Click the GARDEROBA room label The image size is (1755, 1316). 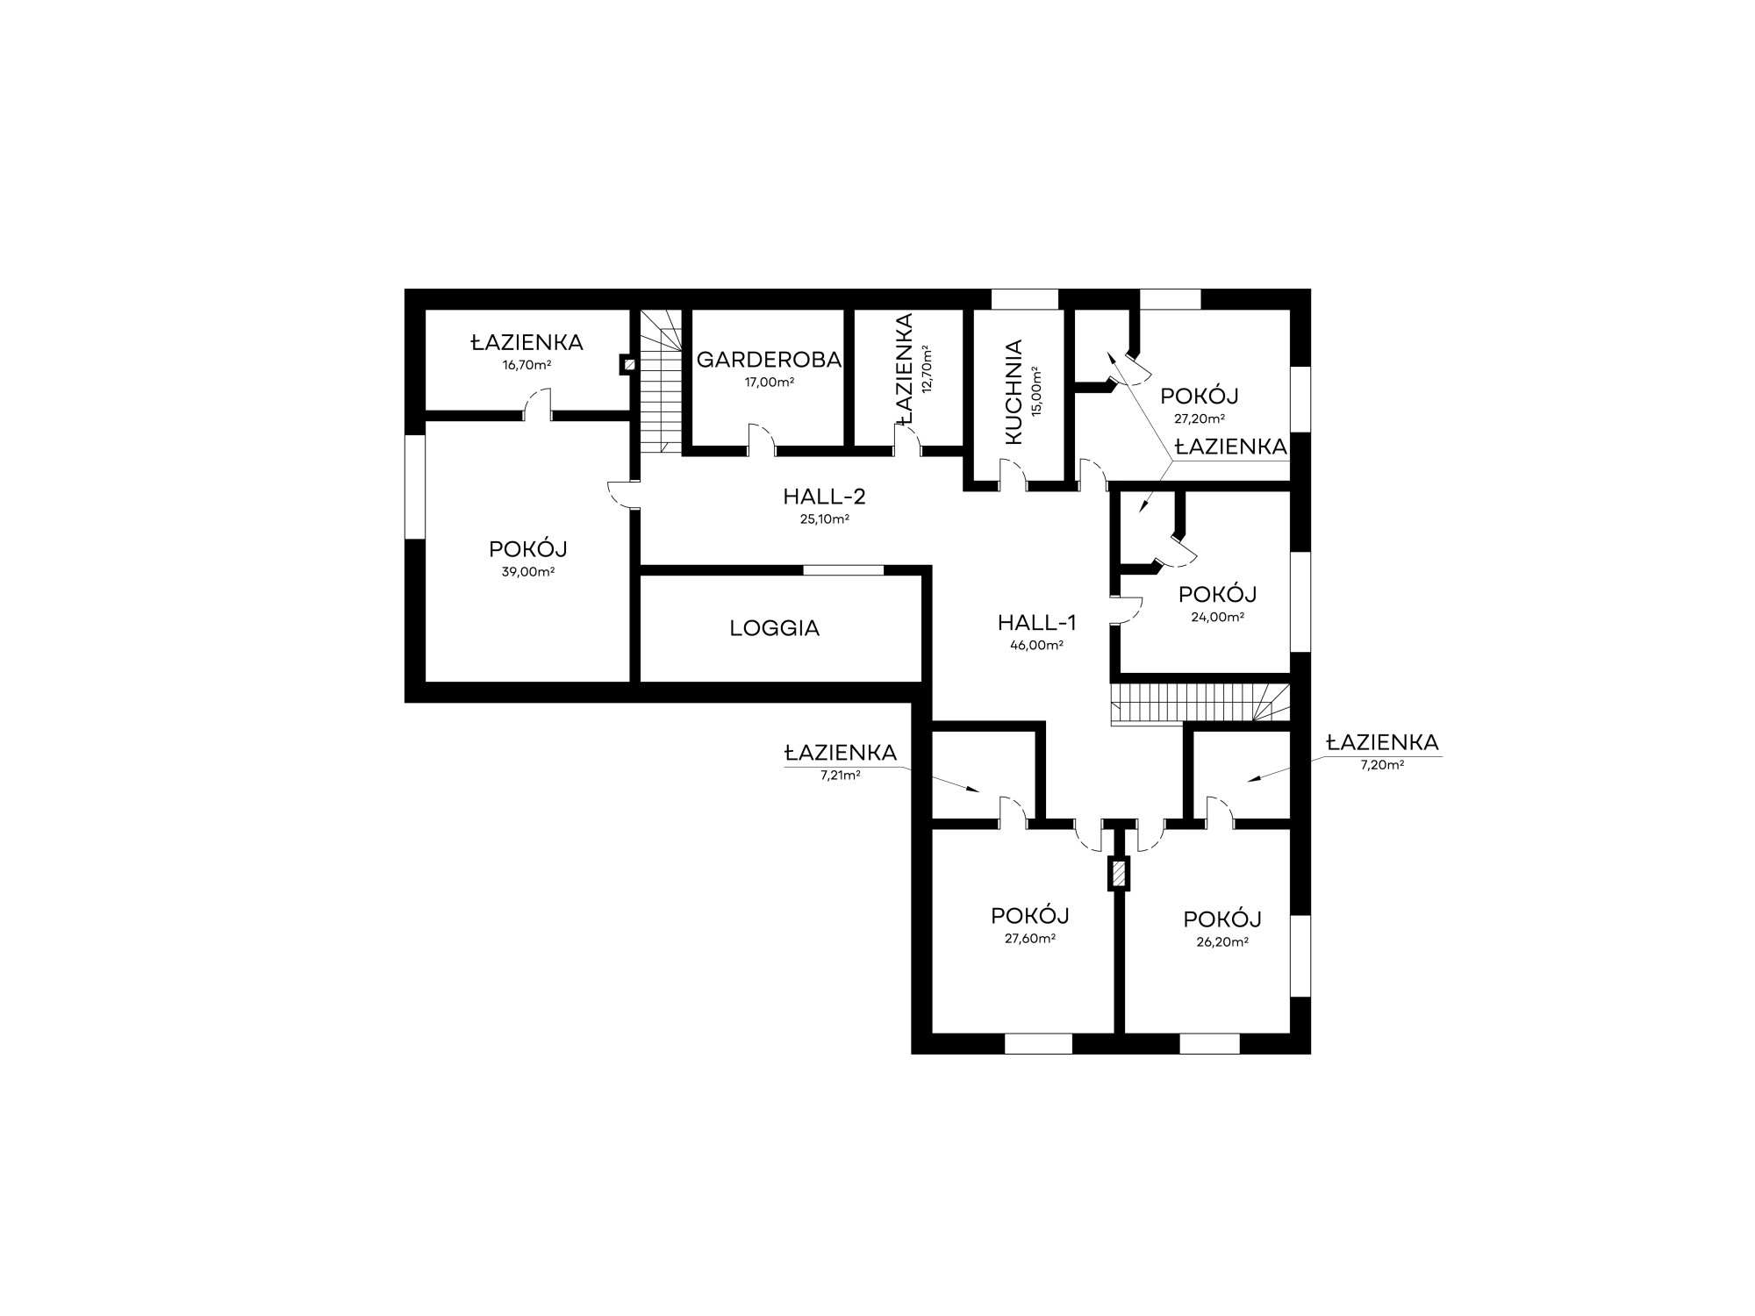[x=769, y=360]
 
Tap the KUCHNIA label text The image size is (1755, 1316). [x=1014, y=392]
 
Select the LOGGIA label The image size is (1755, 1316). [x=775, y=628]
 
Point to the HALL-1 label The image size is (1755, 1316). [x=1036, y=623]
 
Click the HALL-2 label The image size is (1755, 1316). [x=824, y=497]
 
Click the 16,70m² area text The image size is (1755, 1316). [x=526, y=364]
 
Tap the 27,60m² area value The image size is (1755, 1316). [x=1030, y=938]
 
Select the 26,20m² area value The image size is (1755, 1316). [x=1222, y=941]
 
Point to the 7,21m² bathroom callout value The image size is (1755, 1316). [x=840, y=775]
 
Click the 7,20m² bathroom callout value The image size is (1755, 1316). [x=1382, y=764]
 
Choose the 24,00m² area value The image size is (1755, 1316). [x=1217, y=616]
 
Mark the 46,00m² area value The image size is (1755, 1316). [x=1036, y=645]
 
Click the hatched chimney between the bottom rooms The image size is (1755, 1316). [x=1119, y=874]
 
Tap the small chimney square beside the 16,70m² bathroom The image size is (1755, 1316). [x=629, y=364]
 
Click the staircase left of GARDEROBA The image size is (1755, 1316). [x=661, y=381]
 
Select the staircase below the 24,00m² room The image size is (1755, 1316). [x=1200, y=704]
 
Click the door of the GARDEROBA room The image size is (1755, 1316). [x=762, y=440]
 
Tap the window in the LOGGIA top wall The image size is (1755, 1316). [x=843, y=570]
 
